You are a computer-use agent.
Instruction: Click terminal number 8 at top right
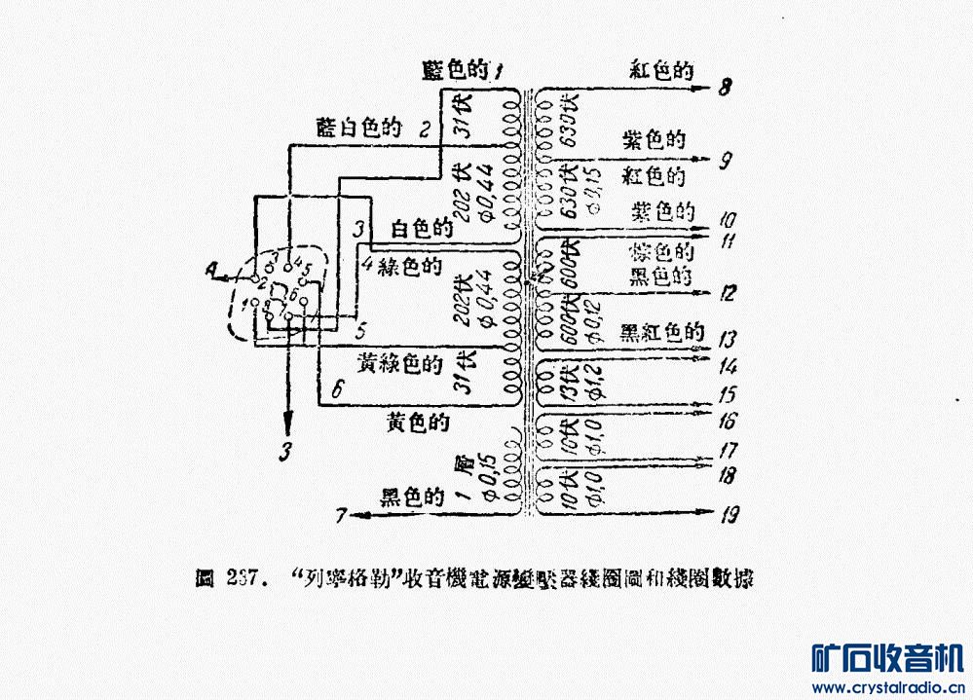pos(726,88)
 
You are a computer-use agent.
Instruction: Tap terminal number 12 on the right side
pos(726,293)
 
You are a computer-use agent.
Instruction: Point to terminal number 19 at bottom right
pos(727,516)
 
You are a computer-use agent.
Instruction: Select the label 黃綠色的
pos(400,362)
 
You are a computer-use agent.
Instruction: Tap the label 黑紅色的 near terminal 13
pos(662,332)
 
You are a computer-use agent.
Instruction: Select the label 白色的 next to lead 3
pos(422,230)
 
